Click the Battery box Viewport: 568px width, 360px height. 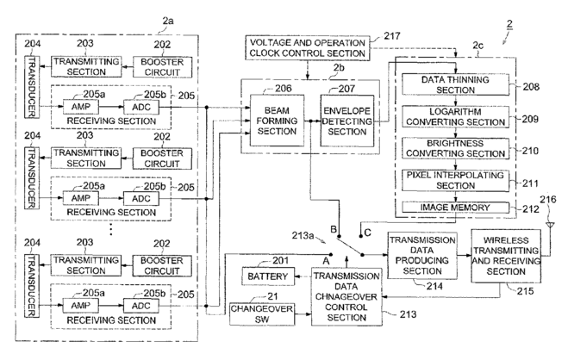[x=268, y=276]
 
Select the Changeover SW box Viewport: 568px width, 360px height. [x=261, y=314]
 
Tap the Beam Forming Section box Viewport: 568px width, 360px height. [x=277, y=121]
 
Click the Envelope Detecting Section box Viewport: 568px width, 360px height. [x=347, y=121]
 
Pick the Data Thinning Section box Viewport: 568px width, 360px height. [x=455, y=84]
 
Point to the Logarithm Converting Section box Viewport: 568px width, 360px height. [x=455, y=116]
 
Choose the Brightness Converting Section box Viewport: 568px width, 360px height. [x=455, y=148]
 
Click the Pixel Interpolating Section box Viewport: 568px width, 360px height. [x=455, y=181]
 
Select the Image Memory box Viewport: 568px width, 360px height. [x=455, y=208]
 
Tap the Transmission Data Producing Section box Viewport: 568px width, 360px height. [x=422, y=256]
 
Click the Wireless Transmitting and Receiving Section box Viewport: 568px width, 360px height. [x=506, y=256]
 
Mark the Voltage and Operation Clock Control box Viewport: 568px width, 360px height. [x=308, y=47]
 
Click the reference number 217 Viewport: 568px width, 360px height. [x=392, y=36]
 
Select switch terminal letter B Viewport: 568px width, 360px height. [x=334, y=229]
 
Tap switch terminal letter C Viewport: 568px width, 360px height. [x=368, y=233]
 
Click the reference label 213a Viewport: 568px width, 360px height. [x=303, y=235]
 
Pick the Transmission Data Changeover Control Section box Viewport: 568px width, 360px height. [x=346, y=296]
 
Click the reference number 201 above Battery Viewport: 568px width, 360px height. [x=281, y=260]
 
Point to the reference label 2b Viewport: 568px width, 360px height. [x=339, y=68]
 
